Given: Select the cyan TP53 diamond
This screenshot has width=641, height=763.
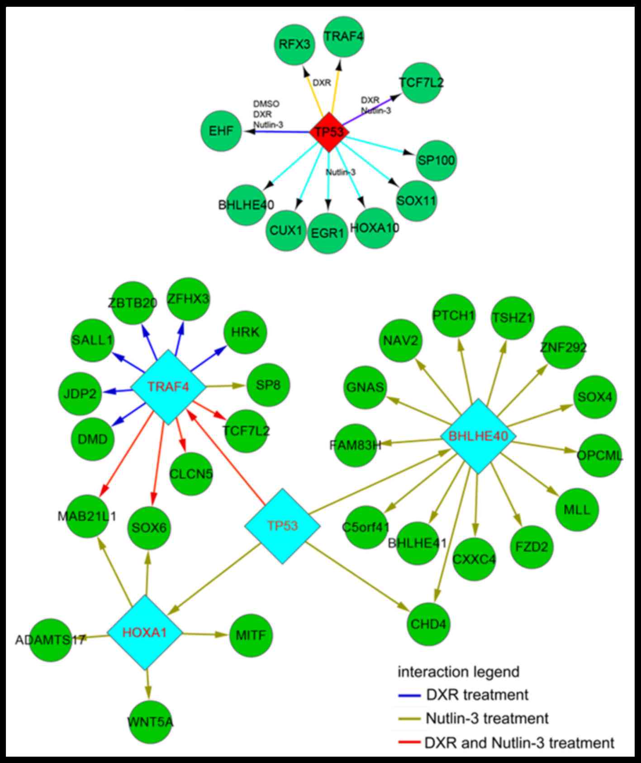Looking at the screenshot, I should tap(282, 526).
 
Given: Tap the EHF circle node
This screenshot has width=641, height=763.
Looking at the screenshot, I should tap(221, 131).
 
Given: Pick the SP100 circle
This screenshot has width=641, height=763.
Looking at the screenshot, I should tap(436, 161).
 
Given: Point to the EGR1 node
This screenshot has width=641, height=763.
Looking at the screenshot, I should tap(328, 233).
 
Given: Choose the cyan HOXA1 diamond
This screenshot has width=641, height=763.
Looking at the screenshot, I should tap(145, 632).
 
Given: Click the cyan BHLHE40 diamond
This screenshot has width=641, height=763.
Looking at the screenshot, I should tap(478, 436).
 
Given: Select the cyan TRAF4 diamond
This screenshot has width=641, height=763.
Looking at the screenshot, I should tap(168, 386).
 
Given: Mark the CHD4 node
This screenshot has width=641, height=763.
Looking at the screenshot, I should tap(428, 625).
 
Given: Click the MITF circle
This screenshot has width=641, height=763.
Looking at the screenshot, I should tap(251, 635).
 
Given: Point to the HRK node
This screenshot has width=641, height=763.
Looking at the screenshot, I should tap(245, 333).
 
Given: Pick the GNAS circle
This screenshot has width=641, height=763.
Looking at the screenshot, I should tap(365, 388).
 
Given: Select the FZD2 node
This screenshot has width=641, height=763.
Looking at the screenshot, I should tap(531, 547).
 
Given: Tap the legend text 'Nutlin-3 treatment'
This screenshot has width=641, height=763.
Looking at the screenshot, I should tap(487, 718).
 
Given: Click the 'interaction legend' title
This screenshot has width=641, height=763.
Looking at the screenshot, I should tap(458, 672).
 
